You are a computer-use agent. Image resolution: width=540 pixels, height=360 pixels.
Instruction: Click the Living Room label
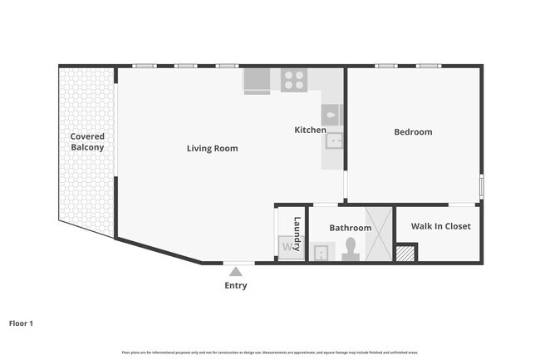pos(212,149)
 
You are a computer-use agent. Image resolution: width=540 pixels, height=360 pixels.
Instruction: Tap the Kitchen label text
pos(310,131)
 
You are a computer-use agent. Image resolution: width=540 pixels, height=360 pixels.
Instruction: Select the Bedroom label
pos(413,132)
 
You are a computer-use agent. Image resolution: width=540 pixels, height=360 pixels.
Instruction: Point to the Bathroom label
pos(350,228)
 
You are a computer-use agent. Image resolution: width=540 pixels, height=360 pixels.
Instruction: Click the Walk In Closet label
pos(441,226)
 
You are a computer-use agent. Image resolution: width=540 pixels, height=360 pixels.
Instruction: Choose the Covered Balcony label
pos(87,141)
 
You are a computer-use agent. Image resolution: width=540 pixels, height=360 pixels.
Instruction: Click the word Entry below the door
pos(236,286)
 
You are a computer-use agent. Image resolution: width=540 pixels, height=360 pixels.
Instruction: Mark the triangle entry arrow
pos(236,271)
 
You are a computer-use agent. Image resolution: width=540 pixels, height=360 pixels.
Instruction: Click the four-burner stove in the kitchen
pos(293,81)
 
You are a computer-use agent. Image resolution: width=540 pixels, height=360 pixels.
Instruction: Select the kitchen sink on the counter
pos(334,141)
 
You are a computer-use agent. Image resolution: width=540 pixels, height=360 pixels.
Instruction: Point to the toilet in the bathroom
pos(351,249)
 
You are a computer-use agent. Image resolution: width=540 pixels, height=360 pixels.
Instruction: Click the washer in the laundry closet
pos(287,247)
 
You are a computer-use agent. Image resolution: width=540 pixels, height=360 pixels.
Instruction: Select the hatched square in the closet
pos(405,254)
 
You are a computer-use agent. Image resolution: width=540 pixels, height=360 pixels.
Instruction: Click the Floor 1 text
pos(21,323)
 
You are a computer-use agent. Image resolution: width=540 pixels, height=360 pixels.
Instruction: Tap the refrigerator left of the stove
pos(257,81)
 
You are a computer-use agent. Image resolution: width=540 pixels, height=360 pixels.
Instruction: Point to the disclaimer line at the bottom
pos(269,353)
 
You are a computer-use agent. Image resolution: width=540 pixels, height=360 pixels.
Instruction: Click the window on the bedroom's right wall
pos(481,185)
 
